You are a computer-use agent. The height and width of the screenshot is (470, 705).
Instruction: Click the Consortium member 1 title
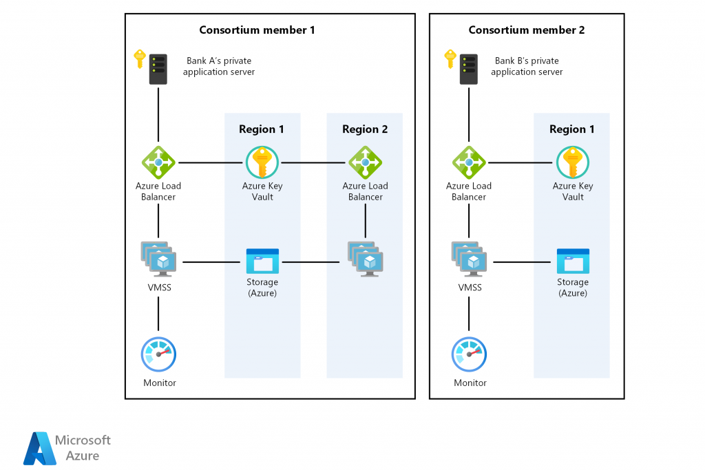pos(257,30)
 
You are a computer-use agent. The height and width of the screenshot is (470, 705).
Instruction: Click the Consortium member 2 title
pos(527,30)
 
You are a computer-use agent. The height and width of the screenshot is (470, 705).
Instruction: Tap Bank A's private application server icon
pos(158,69)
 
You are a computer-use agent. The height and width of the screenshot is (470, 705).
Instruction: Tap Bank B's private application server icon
pos(469,69)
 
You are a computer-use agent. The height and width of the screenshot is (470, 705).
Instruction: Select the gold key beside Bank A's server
pos(140,58)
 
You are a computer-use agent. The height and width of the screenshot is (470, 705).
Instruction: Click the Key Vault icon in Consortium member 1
pos(262,163)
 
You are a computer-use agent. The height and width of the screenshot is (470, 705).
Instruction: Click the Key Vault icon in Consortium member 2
pos(573,163)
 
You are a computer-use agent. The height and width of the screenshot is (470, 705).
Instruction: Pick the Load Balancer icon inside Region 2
pos(365,163)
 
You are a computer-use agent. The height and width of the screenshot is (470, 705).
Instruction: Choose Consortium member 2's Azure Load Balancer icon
pos(469,163)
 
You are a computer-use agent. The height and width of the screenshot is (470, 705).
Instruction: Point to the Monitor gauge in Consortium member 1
pos(158,354)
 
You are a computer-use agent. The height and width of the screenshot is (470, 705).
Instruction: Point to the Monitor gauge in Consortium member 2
pos(469,354)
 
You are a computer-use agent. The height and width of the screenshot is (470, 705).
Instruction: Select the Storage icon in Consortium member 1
pos(262,261)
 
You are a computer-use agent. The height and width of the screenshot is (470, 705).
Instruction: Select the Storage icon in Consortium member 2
pos(573,261)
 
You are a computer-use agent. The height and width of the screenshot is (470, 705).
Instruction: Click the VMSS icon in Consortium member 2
pos(469,259)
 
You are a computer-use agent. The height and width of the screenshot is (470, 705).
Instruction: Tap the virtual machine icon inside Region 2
pos(366,259)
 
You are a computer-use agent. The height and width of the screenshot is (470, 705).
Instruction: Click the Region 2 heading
pos(365,129)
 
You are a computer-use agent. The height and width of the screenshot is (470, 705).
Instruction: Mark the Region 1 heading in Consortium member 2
pos(571,129)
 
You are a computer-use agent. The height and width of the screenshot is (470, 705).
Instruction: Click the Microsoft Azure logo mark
pos(39,448)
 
